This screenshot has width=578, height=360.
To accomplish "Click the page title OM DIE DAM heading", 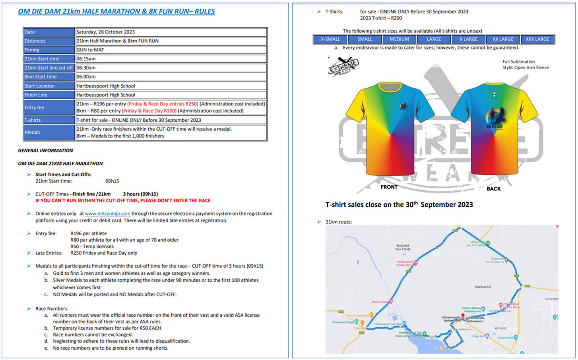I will (x=116, y=12).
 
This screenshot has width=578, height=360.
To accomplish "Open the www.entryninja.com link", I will (x=107, y=214).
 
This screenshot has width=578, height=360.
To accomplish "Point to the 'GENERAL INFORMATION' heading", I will (x=45, y=150).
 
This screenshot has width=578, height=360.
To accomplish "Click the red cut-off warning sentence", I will (x=123, y=200).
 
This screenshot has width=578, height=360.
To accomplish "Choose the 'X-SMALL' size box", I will (x=330, y=39).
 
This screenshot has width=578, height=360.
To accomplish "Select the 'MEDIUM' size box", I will (x=399, y=39).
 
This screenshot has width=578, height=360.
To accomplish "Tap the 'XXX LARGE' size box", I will (x=537, y=39).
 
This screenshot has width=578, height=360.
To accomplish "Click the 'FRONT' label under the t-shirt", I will (x=389, y=187).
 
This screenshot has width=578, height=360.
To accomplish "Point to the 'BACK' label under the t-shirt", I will (x=494, y=189).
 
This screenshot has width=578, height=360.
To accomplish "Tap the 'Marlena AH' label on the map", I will (x=483, y=287).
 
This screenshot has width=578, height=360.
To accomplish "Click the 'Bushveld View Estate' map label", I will (x=402, y=247).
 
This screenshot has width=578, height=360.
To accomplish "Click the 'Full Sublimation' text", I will (x=518, y=62).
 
